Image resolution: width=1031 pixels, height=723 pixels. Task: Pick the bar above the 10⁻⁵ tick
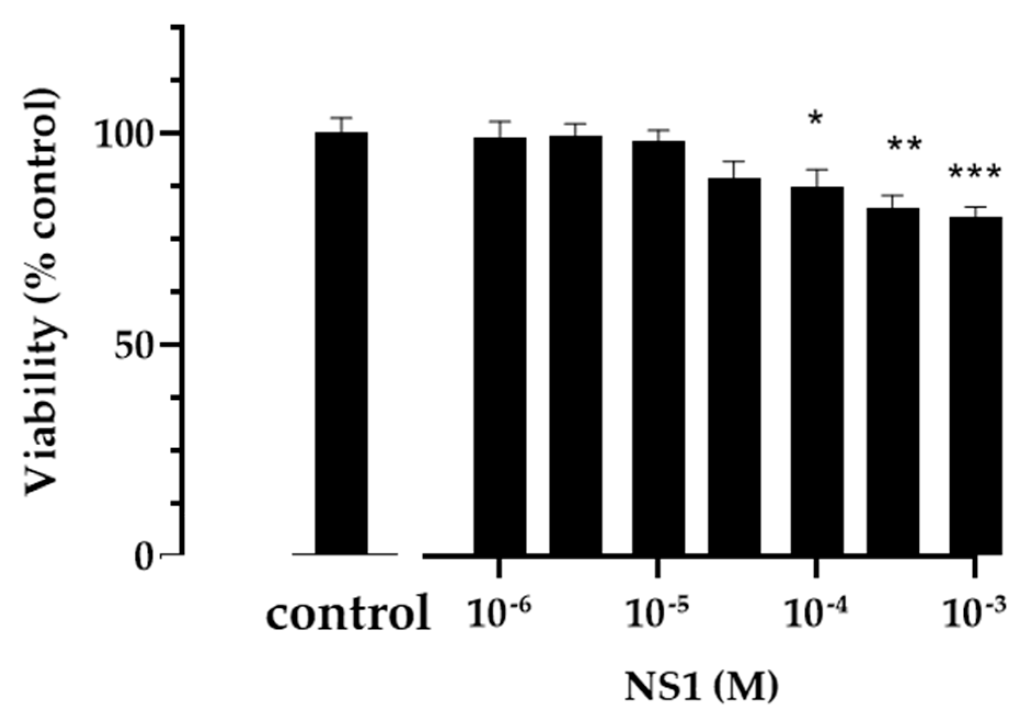[x=658, y=348]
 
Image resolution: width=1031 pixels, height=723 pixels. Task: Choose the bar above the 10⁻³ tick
[x=975, y=386]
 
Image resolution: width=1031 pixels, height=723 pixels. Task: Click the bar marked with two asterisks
[x=892, y=381]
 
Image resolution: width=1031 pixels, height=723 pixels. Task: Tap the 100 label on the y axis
[x=129, y=134]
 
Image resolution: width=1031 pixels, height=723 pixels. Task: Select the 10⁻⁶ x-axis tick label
[x=498, y=613]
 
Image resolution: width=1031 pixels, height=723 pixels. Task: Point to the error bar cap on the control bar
[x=341, y=118]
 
